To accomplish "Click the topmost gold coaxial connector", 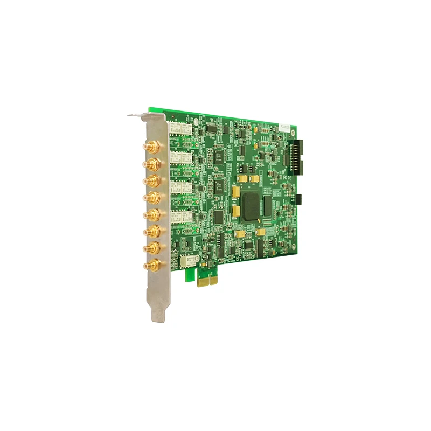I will [150, 147].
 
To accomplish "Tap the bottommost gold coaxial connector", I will [151, 265].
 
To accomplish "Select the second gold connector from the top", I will [151, 163].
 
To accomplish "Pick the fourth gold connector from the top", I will [151, 197].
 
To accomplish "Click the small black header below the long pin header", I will [300, 198].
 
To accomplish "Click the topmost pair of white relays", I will [180, 128].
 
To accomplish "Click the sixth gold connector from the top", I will [151, 232].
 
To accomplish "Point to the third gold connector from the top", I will [151, 180].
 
